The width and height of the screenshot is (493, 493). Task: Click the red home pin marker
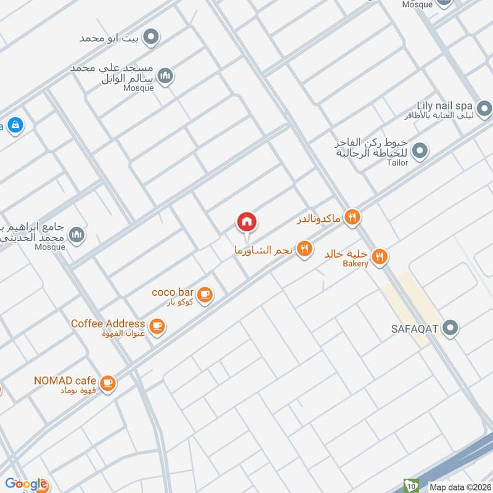(x=247, y=222)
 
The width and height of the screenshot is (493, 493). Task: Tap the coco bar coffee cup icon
(x=205, y=295)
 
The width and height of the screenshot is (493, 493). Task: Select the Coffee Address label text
(x=108, y=324)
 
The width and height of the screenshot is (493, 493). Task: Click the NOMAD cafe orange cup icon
(x=108, y=383)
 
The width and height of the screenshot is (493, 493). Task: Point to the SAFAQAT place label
(x=414, y=328)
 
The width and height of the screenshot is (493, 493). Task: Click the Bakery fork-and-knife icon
(x=380, y=256)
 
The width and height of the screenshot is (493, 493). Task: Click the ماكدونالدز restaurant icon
(x=352, y=216)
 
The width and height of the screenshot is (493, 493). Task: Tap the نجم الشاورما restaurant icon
(x=303, y=249)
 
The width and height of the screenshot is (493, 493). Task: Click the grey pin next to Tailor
(x=420, y=150)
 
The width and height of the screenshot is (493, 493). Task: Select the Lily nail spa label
(x=442, y=106)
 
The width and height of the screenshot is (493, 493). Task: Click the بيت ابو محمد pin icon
(x=150, y=38)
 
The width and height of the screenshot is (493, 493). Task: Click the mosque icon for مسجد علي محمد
(x=165, y=76)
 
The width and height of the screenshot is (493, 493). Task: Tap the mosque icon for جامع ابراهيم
(x=76, y=235)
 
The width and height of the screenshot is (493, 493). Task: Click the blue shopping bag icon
(x=16, y=125)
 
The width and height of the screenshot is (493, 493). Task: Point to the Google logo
(x=26, y=484)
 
